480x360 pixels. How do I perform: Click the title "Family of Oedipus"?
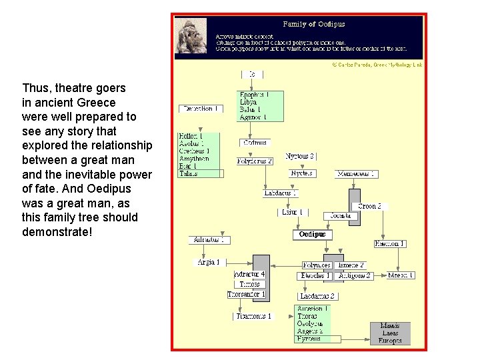(x=314, y=24)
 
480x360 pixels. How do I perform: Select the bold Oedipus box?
(x=312, y=235)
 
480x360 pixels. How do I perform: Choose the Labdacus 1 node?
(x=280, y=193)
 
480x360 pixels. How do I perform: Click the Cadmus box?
(x=255, y=143)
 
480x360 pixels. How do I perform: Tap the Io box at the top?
(x=251, y=74)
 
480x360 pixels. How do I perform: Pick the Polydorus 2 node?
(x=255, y=161)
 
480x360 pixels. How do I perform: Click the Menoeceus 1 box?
(x=356, y=174)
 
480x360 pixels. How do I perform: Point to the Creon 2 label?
(x=370, y=207)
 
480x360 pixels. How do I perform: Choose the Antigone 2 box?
(x=354, y=275)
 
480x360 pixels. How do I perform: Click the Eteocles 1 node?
(x=315, y=275)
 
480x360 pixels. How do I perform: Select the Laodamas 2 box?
(x=317, y=296)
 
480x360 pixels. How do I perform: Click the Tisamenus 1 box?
(x=253, y=316)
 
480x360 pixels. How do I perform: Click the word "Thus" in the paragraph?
(x=35, y=88)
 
